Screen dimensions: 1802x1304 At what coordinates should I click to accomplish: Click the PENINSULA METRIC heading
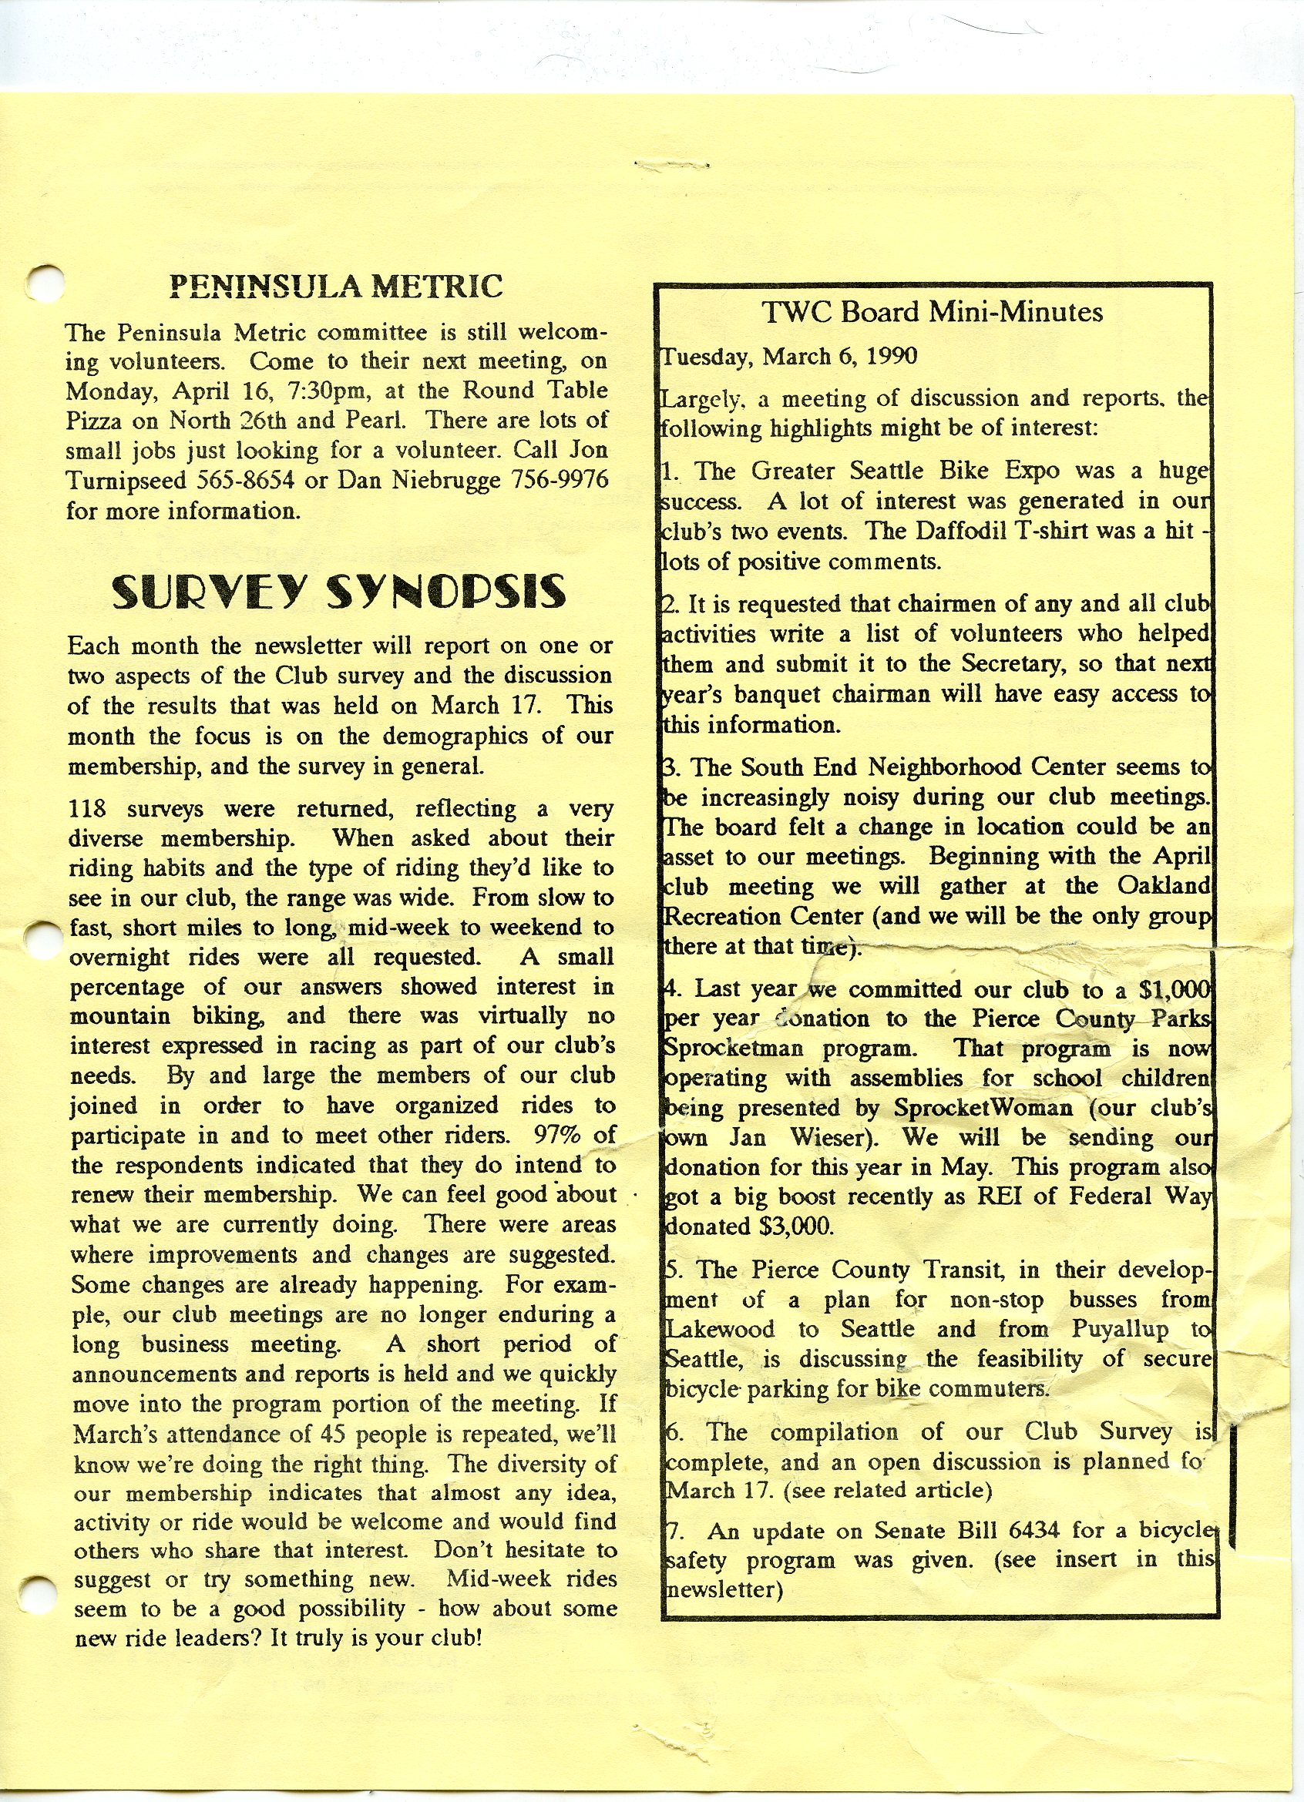pos(336,286)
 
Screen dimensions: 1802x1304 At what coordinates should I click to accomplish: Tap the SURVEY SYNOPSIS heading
pos(338,592)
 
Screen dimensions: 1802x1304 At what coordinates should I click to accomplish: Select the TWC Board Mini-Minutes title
pos(932,311)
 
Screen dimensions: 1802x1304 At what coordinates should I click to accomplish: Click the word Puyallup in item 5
pos(1120,1330)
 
